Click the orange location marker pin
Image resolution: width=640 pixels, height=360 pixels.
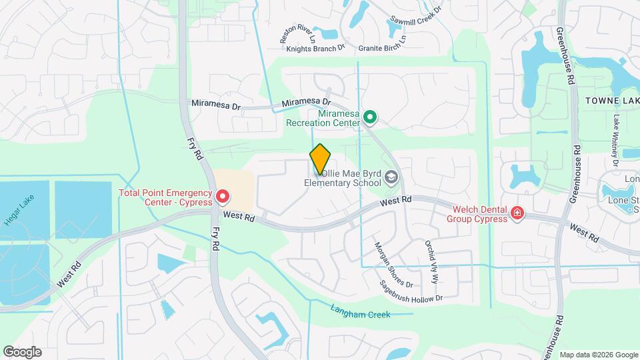point(320,159)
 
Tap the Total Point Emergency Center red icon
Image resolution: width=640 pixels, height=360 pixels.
point(222,197)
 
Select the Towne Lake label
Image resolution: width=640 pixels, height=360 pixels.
point(612,100)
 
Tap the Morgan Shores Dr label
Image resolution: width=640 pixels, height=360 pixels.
point(387,261)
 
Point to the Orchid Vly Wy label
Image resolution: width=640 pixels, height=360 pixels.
point(431,262)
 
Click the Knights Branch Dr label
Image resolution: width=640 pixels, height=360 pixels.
point(315,48)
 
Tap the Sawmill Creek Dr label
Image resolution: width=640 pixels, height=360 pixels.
point(417,19)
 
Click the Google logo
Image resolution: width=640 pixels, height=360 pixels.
point(22,352)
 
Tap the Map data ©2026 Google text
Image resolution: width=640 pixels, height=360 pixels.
point(598,355)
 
